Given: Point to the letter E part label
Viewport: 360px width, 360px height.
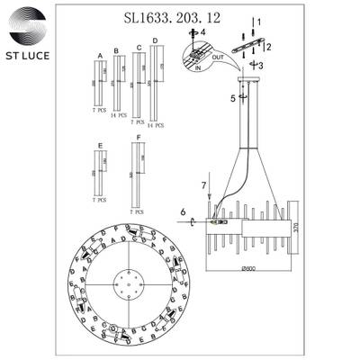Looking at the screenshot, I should click(99, 144).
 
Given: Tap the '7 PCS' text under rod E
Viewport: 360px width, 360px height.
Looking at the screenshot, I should click(100, 200).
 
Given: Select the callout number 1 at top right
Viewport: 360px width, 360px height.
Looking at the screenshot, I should click(259, 21).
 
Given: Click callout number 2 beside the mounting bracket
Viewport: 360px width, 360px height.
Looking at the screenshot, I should click(267, 46).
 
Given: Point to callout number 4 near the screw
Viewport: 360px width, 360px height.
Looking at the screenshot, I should click(202, 32).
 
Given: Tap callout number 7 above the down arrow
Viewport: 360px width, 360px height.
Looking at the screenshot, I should click(203, 185).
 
